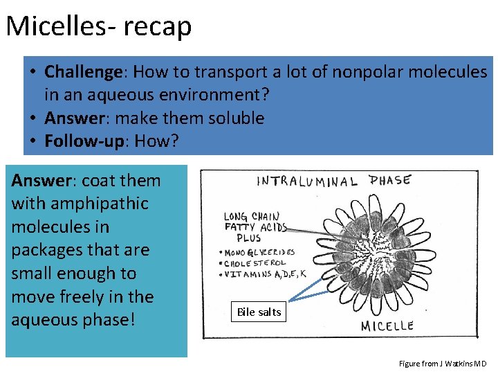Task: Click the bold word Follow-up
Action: tap(84, 141)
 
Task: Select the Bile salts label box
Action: tap(259, 312)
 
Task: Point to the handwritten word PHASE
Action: tap(389, 180)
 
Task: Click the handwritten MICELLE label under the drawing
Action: tap(387, 325)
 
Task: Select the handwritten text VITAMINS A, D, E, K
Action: tap(266, 275)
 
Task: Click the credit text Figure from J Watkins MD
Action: tap(443, 364)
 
